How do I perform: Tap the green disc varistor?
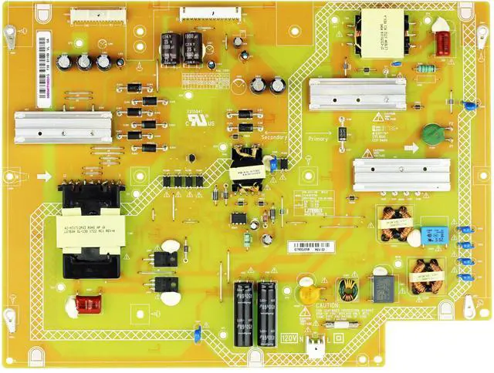coord(434,135)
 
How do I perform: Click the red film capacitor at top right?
coord(443,43)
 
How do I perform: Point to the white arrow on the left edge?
coord(44,176)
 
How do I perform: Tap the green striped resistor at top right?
coord(424,68)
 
